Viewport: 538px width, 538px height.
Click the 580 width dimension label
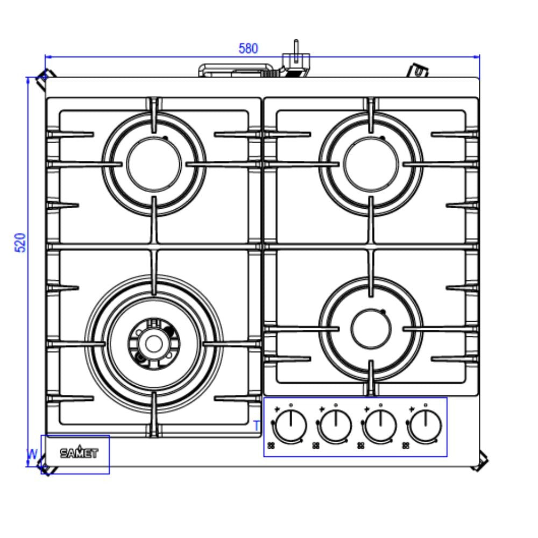pos(248,48)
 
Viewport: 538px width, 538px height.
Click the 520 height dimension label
pos(20,243)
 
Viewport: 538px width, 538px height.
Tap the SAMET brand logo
pos(79,453)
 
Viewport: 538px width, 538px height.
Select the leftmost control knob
pos(291,426)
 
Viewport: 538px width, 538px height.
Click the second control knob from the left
pos(336,426)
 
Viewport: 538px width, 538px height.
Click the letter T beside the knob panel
pos(257,426)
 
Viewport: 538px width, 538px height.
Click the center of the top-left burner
pos(154,165)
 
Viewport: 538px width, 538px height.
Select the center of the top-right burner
pos(371,165)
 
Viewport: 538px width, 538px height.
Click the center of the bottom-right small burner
pos(371,328)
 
